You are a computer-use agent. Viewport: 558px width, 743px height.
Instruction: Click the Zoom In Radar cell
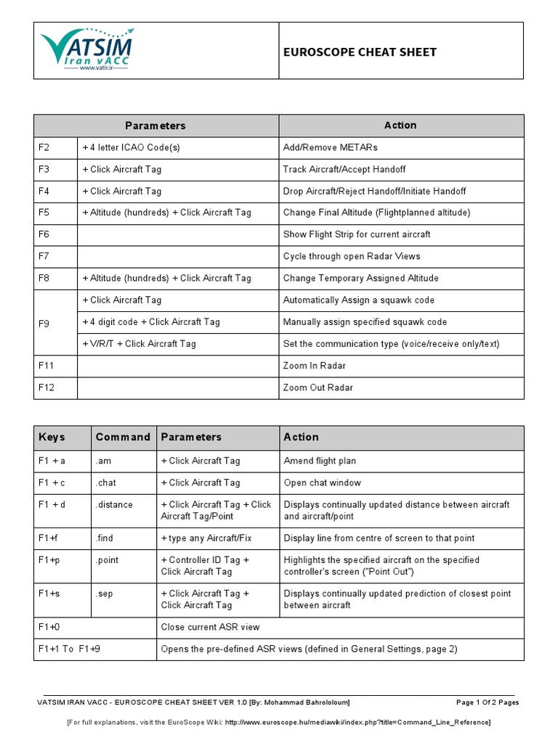pyautogui.click(x=314, y=366)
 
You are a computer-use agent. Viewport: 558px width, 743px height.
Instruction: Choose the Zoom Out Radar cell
pyautogui.click(x=318, y=387)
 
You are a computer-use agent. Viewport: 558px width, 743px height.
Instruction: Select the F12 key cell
pyautogui.click(x=46, y=387)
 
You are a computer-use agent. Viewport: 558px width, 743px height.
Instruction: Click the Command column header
pyautogui.click(x=123, y=437)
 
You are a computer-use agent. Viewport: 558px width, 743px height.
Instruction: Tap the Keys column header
pyautogui.click(x=52, y=437)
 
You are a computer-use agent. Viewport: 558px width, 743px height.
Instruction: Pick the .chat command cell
pyautogui.click(x=106, y=483)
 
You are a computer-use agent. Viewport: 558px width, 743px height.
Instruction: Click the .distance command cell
pyautogui.click(x=113, y=504)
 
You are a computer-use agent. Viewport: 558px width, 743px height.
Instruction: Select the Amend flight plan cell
pyautogui.click(x=320, y=461)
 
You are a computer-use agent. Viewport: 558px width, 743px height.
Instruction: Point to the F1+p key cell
pyautogui.click(x=49, y=560)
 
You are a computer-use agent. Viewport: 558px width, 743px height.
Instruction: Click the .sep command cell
pyautogui.click(x=105, y=594)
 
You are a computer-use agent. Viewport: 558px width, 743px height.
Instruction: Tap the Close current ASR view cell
pyautogui.click(x=210, y=627)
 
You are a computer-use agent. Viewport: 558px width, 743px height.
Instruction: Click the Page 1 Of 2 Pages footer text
pyautogui.click(x=487, y=702)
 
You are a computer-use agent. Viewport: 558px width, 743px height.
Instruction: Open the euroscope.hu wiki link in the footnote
pyautogui.click(x=357, y=723)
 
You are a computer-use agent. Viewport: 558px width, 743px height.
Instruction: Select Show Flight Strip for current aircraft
pyautogui.click(x=357, y=234)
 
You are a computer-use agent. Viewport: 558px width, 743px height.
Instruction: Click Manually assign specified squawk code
pyautogui.click(x=365, y=321)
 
